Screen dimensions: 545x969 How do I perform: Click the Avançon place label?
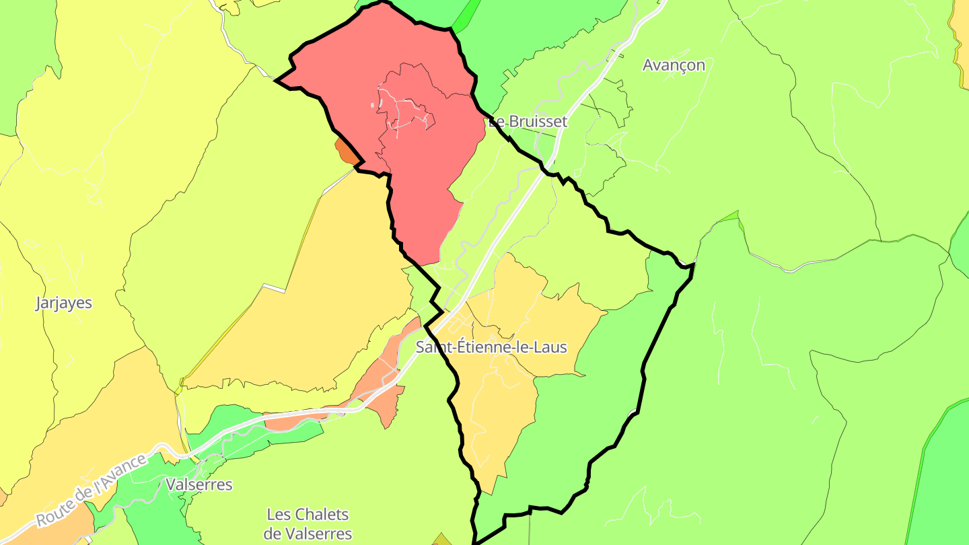[674, 65]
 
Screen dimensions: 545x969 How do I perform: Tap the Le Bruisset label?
[528, 122]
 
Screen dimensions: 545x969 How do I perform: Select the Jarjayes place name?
[63, 303]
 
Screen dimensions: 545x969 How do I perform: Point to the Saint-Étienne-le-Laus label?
[491, 348]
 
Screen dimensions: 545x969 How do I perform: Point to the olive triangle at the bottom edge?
[442, 540]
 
